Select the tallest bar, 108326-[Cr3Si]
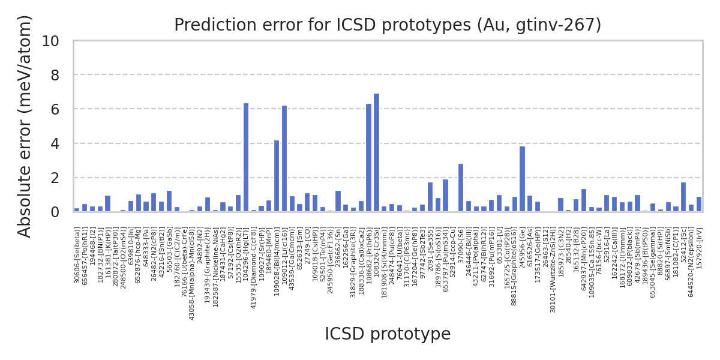[376, 153]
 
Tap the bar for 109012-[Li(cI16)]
[284, 159]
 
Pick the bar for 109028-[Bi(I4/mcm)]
[277, 176]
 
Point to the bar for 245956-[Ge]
[522, 179]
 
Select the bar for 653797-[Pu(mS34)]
[445, 196]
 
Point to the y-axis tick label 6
[55, 110]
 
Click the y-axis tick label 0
[55, 212]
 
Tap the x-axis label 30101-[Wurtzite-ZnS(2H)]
[553, 270]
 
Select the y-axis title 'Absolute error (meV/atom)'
[25, 126]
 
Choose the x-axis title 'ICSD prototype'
[387, 334]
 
